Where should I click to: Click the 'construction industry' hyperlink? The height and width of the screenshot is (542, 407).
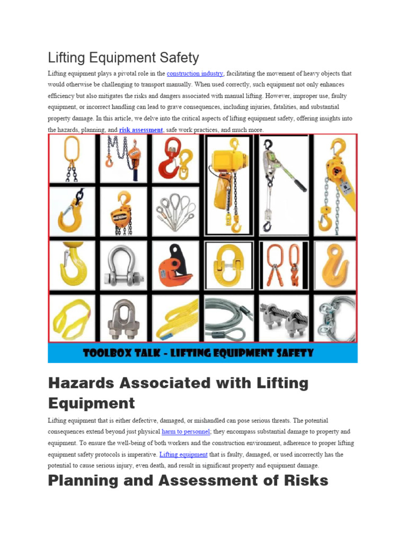point(195,74)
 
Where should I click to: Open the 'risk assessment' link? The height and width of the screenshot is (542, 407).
point(141,130)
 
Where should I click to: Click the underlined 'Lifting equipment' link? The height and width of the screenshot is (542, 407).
point(183,455)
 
